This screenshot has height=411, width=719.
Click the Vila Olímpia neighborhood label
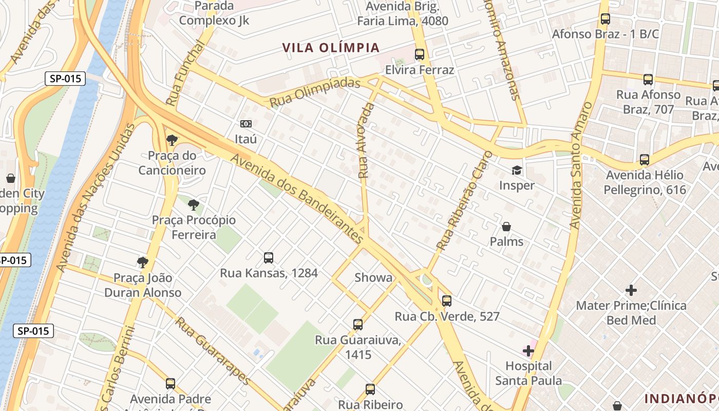[x=331, y=48]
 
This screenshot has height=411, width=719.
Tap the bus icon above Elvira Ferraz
[x=420, y=54]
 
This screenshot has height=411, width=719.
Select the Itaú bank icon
[x=246, y=124]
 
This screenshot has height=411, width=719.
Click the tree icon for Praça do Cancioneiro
[x=172, y=140]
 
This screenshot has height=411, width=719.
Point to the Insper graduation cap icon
[x=516, y=170]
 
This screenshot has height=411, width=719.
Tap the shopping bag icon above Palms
[x=506, y=227]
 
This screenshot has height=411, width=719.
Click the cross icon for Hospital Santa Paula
[x=528, y=351]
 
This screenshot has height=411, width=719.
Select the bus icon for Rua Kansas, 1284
[x=269, y=257]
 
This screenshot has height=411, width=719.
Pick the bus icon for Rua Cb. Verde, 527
[x=447, y=301]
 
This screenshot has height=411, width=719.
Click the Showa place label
[x=373, y=278]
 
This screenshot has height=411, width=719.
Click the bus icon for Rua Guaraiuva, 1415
[x=358, y=325]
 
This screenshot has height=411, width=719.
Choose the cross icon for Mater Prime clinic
[x=631, y=290]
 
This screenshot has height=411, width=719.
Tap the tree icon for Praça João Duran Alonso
[x=143, y=263]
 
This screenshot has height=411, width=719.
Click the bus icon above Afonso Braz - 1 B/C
[x=606, y=19]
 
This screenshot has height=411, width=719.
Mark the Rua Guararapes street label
[x=213, y=351]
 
